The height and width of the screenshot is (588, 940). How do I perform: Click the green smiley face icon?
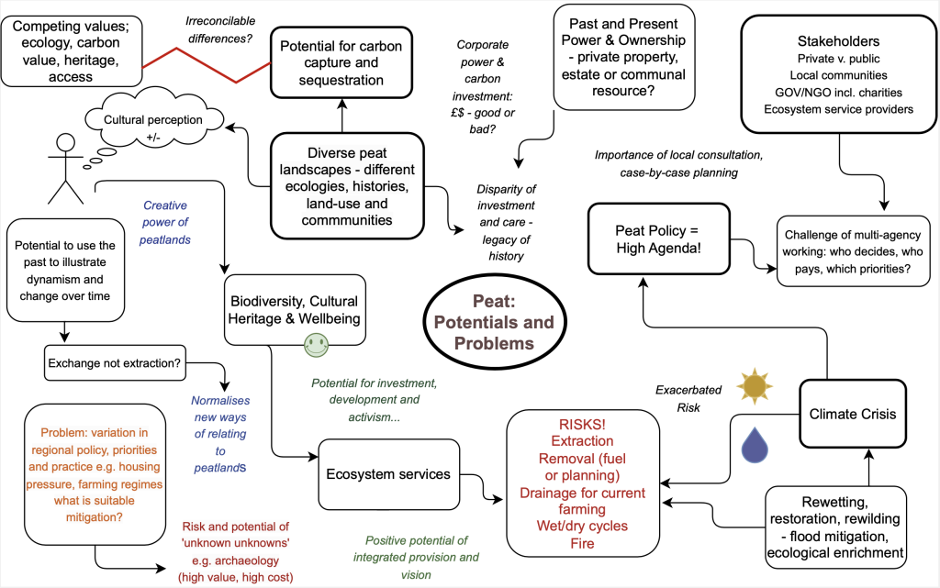point(316,345)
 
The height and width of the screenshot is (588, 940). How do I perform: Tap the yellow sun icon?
point(755,386)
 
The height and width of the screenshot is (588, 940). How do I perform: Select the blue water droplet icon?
point(755,444)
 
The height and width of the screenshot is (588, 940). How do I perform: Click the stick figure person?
point(65,168)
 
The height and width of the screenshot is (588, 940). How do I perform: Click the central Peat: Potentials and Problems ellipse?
point(495,322)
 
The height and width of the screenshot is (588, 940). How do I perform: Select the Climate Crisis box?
point(853,414)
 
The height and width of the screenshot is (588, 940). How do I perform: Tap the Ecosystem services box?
point(388,474)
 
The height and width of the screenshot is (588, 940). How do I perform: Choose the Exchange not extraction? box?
point(115,363)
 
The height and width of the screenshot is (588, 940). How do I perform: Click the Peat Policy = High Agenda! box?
point(658,239)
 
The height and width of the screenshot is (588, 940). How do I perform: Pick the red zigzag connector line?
point(207,65)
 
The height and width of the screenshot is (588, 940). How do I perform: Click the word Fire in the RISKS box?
point(582,543)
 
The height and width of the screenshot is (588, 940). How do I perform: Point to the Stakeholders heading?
point(838,41)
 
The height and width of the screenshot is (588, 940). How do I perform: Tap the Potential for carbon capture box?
point(341,63)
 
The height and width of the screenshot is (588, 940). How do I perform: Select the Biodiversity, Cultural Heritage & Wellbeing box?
point(295,309)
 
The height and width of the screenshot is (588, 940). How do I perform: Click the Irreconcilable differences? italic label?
point(220,30)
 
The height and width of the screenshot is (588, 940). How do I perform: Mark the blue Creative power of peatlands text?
point(165,223)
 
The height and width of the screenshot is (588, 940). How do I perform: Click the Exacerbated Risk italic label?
point(688,399)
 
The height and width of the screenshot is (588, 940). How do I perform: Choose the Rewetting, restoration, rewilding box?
point(835,527)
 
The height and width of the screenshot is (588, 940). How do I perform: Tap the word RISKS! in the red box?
point(582,425)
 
